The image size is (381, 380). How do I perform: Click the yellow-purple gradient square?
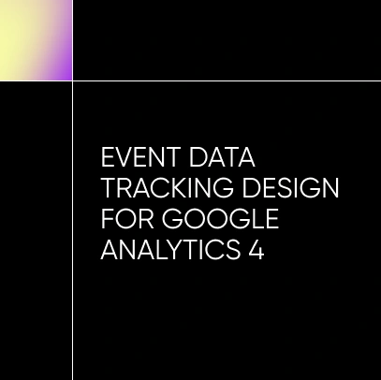pyautogui.click(x=36, y=39)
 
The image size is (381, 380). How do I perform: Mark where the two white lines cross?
pyautogui.click(x=72, y=80)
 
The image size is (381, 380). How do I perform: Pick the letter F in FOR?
pyautogui.click(x=106, y=221)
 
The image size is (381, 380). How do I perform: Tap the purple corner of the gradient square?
pyautogui.click(x=66, y=73)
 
